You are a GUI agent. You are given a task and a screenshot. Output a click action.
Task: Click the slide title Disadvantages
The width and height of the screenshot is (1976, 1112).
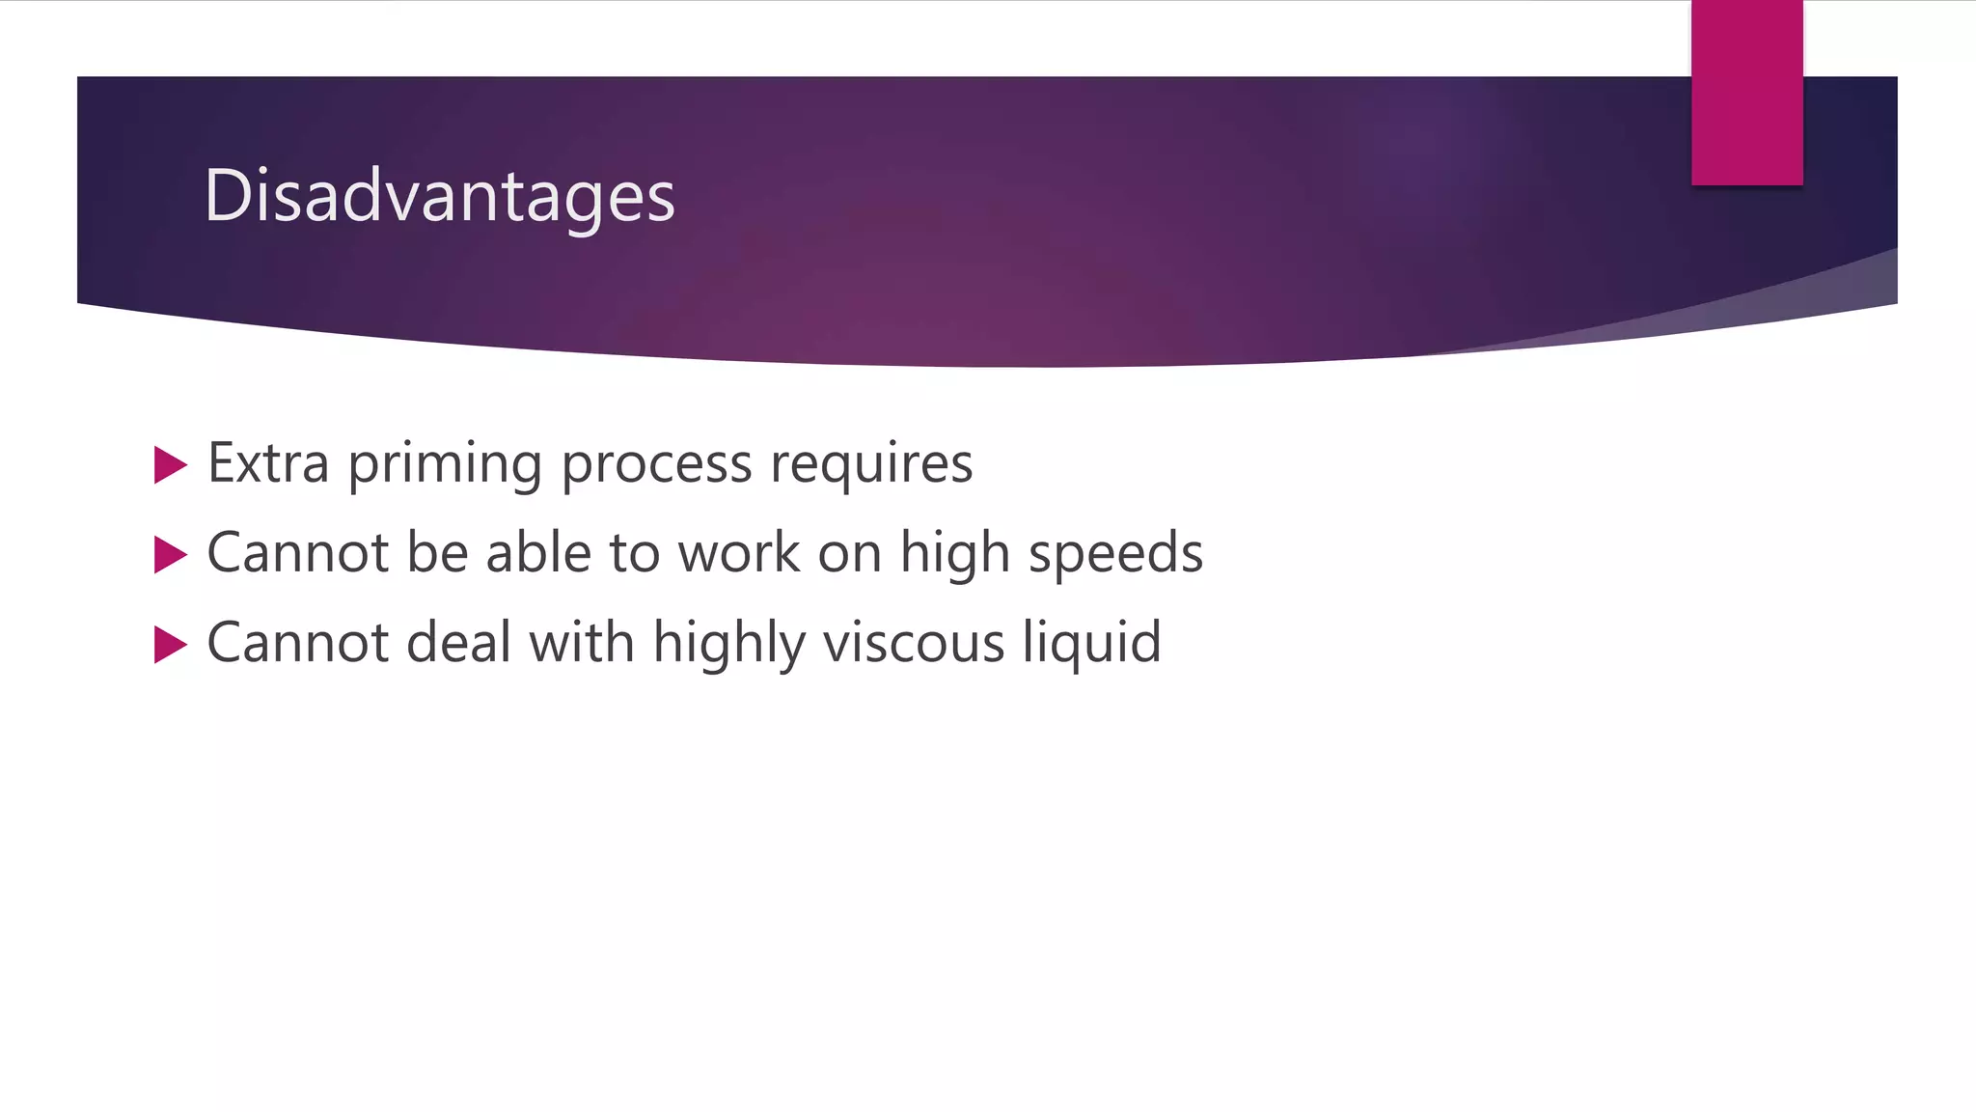439,196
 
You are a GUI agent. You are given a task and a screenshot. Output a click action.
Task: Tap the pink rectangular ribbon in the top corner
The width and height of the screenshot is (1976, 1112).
1746,93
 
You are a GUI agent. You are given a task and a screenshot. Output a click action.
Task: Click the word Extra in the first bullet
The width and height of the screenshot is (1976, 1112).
268,463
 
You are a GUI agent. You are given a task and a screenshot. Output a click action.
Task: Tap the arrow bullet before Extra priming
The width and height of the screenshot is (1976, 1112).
170,465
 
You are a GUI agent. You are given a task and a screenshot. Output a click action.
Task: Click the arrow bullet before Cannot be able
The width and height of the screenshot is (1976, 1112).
170,555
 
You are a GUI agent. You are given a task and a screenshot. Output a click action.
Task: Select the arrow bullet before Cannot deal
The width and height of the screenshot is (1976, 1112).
170,645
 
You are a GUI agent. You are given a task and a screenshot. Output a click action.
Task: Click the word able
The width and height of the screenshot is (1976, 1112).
537,553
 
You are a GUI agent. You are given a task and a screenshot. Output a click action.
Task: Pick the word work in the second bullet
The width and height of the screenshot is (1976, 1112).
738,553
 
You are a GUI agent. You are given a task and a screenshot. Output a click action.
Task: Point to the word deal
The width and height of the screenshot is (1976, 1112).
458,643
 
